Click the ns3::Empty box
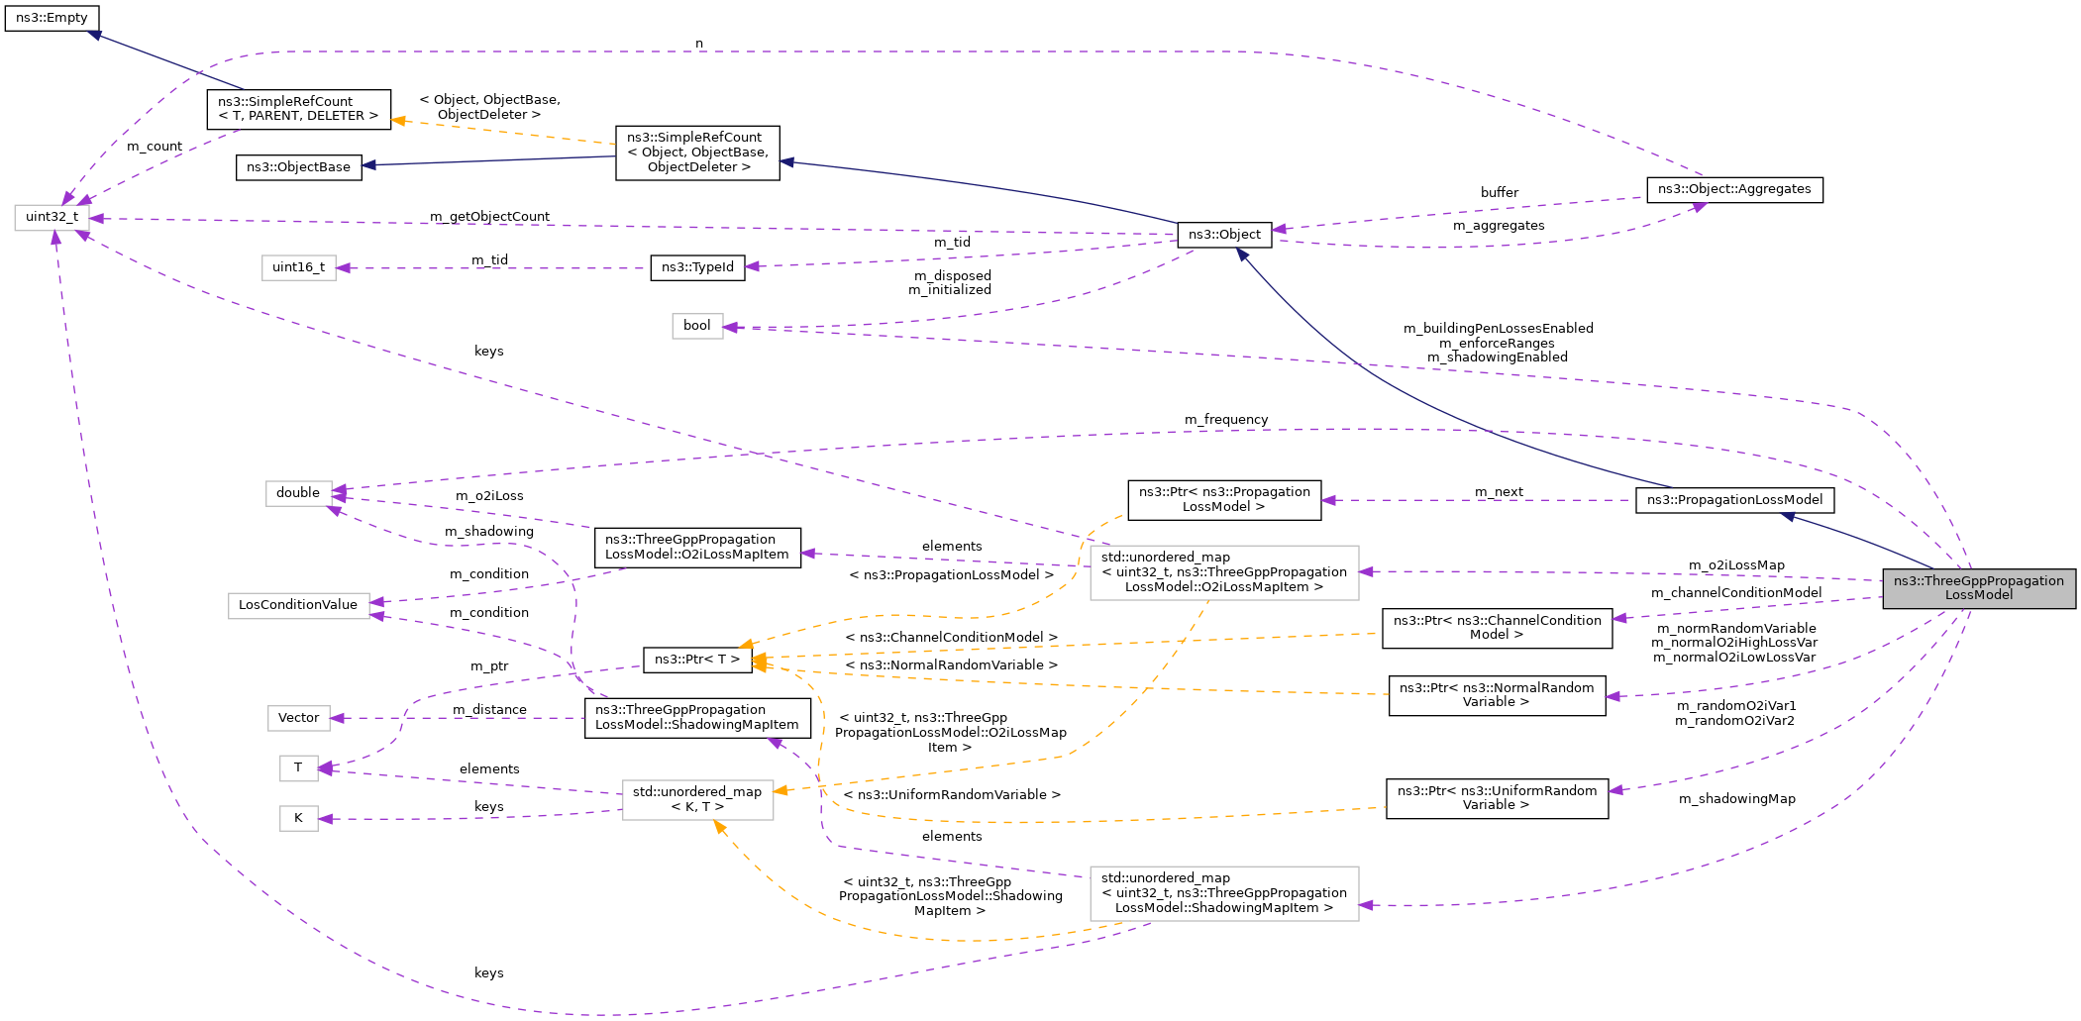point(52,18)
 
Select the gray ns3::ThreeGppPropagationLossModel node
point(1978,588)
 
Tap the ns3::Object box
point(1224,235)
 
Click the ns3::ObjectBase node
point(298,167)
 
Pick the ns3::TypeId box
point(697,267)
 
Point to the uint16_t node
point(298,267)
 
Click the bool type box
point(697,326)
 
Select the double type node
point(298,493)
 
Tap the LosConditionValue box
point(298,605)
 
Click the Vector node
point(298,718)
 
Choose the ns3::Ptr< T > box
point(696,660)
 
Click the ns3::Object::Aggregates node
point(1733,189)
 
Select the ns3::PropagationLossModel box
point(1733,500)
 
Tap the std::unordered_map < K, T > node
point(697,799)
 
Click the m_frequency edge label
point(1225,420)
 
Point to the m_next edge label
point(1498,492)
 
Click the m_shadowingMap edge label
point(1736,799)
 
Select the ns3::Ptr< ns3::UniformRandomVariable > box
point(1496,798)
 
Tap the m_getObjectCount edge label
point(489,217)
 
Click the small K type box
point(298,818)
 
